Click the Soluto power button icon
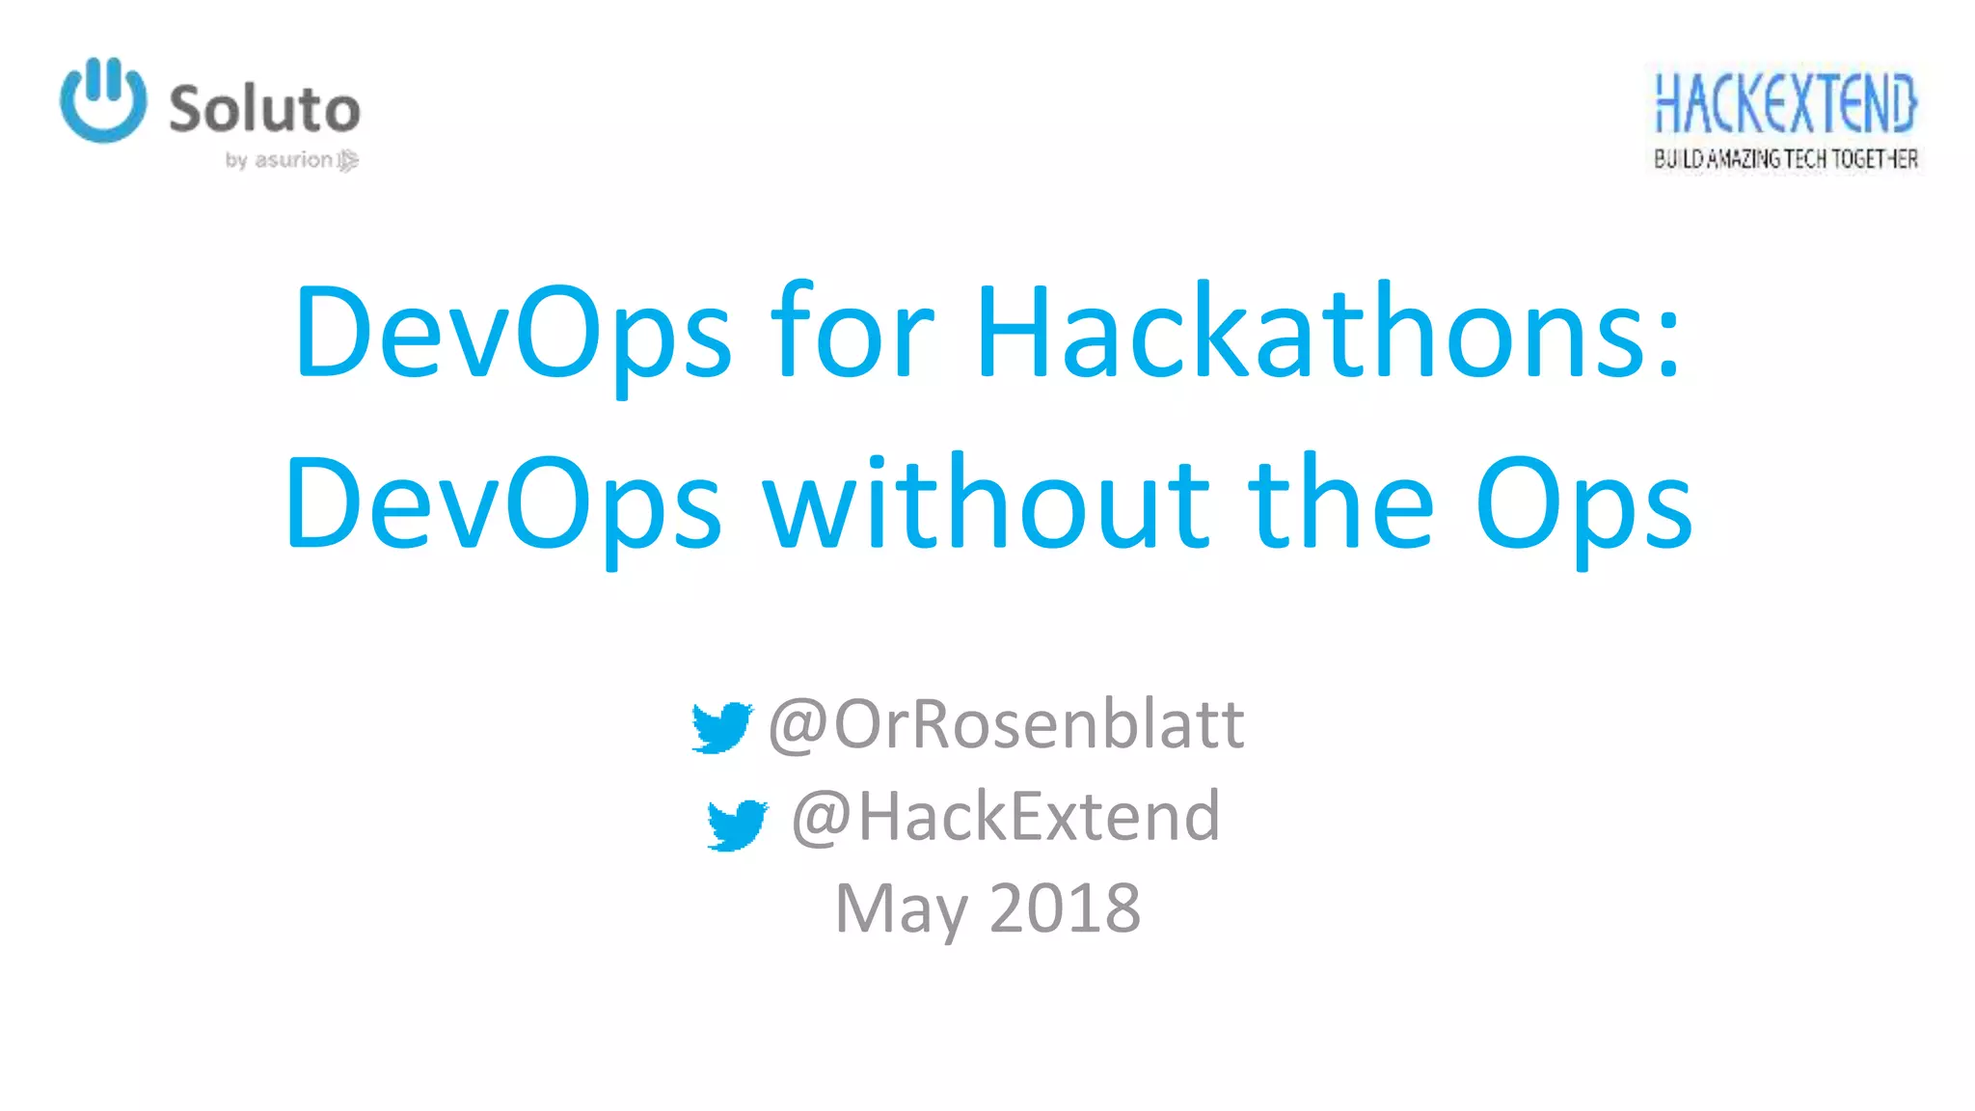103,100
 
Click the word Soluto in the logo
264,109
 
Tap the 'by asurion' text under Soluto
279,160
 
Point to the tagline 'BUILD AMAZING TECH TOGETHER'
1785,159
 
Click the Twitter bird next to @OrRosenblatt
721,727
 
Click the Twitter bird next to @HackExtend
737,825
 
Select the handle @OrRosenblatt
1006,724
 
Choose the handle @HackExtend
1006,817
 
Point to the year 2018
1065,908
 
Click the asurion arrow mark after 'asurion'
348,160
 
